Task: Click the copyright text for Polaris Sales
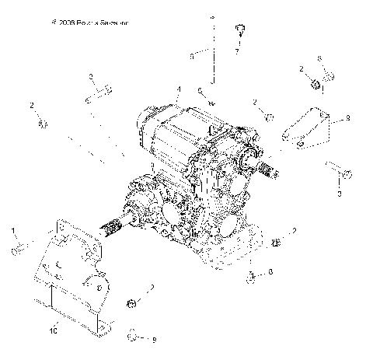pyautogui.click(x=89, y=23)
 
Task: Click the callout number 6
pyautogui.click(x=200, y=90)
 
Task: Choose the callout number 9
pyautogui.click(x=347, y=118)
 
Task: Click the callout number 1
pyautogui.click(x=13, y=230)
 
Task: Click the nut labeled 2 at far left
pyautogui.click(x=44, y=123)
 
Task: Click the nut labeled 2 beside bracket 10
pyautogui.click(x=133, y=302)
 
